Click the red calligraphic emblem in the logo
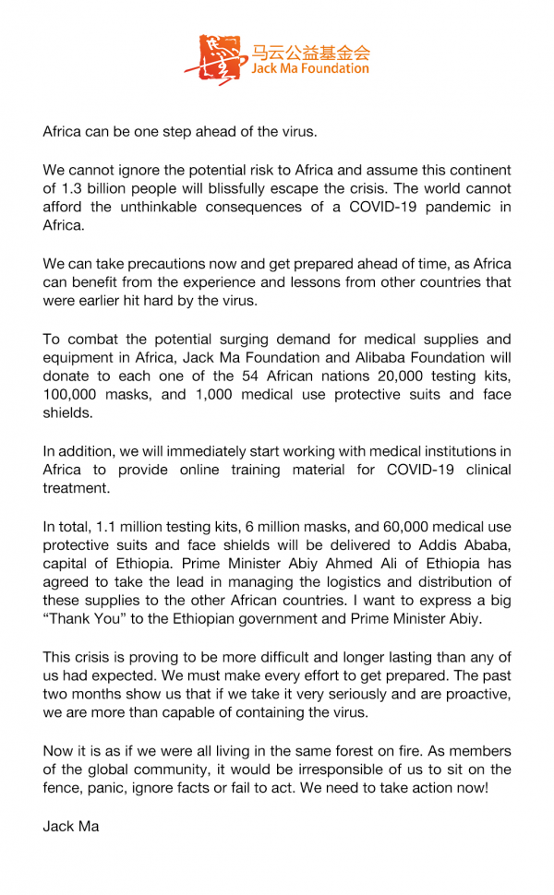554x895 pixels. click(211, 61)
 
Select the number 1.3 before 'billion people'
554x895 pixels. click(71, 189)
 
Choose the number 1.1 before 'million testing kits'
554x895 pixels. click(107, 527)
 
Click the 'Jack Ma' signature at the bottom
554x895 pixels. click(71, 826)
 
